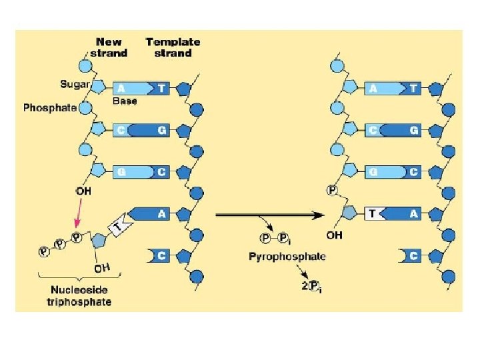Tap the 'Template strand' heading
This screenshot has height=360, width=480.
coord(173,47)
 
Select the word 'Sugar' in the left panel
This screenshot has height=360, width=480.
coord(73,85)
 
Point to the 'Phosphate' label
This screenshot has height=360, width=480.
coord(50,107)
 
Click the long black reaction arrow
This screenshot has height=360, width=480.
coord(267,215)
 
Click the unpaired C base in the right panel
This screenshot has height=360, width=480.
coord(412,255)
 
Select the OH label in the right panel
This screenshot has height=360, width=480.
coord(334,235)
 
